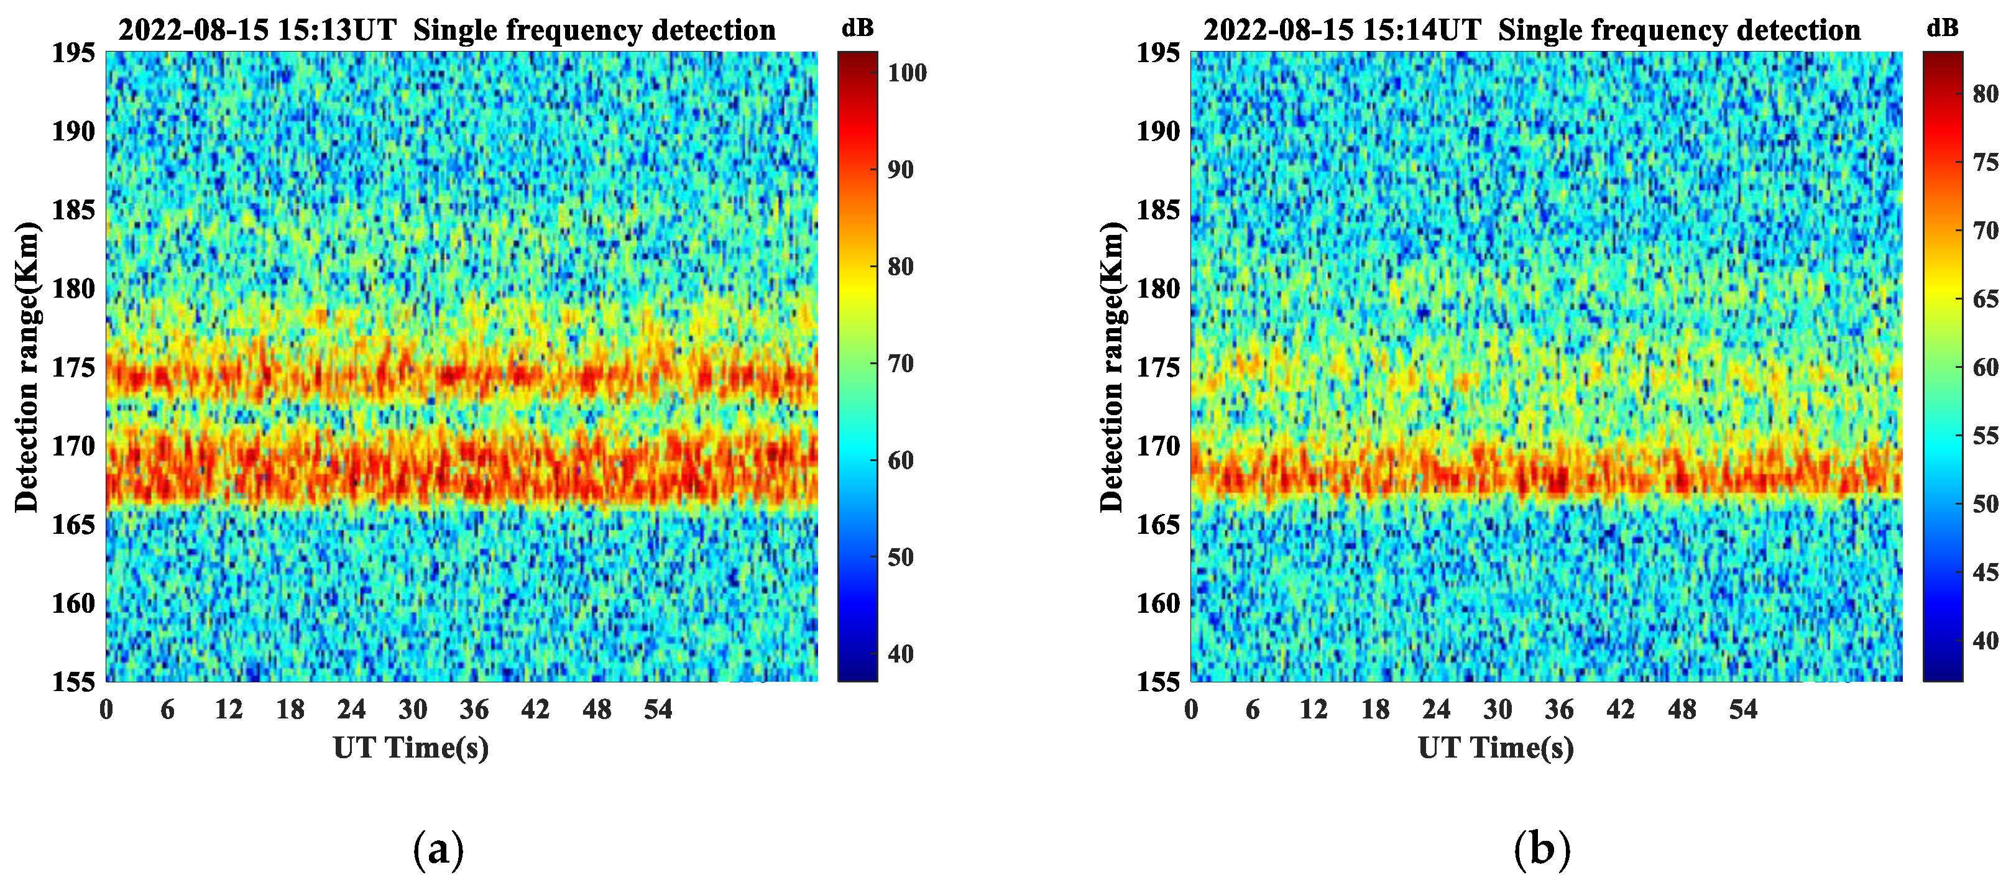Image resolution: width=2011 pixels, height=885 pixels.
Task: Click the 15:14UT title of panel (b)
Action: tap(1531, 30)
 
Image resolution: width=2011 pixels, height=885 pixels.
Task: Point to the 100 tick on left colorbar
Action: tap(907, 73)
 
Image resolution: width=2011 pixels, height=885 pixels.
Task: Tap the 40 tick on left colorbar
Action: tap(900, 654)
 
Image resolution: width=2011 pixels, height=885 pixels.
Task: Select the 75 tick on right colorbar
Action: tap(1986, 162)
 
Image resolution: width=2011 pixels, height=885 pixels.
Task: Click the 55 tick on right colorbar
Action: tap(1986, 436)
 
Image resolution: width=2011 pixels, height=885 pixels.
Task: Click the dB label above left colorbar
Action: tap(857, 28)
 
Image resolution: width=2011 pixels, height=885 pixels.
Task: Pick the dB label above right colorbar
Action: tap(1942, 28)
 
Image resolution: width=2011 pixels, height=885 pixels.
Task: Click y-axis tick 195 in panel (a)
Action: tap(73, 53)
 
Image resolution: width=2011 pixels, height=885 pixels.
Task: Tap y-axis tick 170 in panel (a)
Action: tap(73, 446)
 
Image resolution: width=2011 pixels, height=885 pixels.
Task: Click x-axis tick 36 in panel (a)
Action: tap(474, 709)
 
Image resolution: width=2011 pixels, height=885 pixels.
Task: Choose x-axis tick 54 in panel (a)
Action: tap(658, 709)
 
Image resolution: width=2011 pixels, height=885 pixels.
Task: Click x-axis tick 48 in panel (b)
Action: tap(1682, 709)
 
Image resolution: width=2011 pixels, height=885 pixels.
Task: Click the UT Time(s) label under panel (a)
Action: tap(411, 748)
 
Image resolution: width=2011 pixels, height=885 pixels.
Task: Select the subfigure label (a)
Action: tap(438, 849)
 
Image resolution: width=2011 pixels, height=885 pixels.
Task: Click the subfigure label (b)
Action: tap(1542, 849)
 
